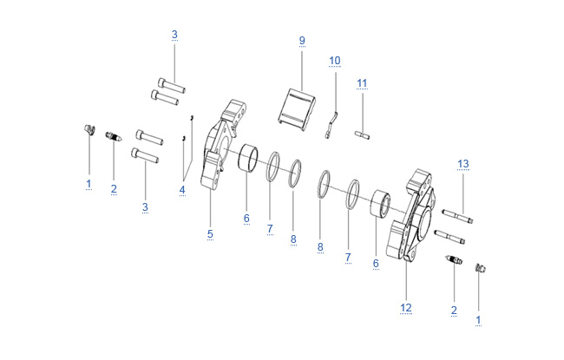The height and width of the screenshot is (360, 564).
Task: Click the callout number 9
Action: click(x=302, y=40)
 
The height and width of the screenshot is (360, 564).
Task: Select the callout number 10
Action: click(x=335, y=61)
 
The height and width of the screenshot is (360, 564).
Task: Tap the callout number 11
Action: click(x=362, y=83)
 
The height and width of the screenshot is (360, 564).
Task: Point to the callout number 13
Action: click(x=463, y=164)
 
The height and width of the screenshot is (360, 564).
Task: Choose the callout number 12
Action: click(x=406, y=308)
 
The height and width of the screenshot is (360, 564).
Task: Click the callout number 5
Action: click(x=210, y=234)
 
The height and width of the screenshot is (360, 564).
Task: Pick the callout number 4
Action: click(x=182, y=189)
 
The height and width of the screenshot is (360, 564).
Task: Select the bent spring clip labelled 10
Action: click(x=332, y=124)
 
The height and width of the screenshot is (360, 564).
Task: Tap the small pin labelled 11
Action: click(x=362, y=135)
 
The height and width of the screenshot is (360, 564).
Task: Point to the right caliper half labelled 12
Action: click(x=412, y=215)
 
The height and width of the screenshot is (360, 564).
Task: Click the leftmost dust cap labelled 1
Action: click(x=89, y=130)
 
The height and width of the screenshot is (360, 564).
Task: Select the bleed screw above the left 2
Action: click(x=114, y=136)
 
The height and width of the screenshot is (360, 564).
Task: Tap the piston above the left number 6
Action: click(x=248, y=157)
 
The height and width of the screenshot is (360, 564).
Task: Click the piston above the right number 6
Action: click(x=380, y=204)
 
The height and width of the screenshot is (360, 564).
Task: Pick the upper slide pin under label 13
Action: click(x=457, y=216)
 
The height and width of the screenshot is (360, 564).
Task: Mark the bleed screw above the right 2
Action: click(x=454, y=259)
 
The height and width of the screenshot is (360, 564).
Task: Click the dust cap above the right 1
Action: click(x=481, y=268)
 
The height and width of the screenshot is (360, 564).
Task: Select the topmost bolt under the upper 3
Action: click(x=172, y=86)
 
